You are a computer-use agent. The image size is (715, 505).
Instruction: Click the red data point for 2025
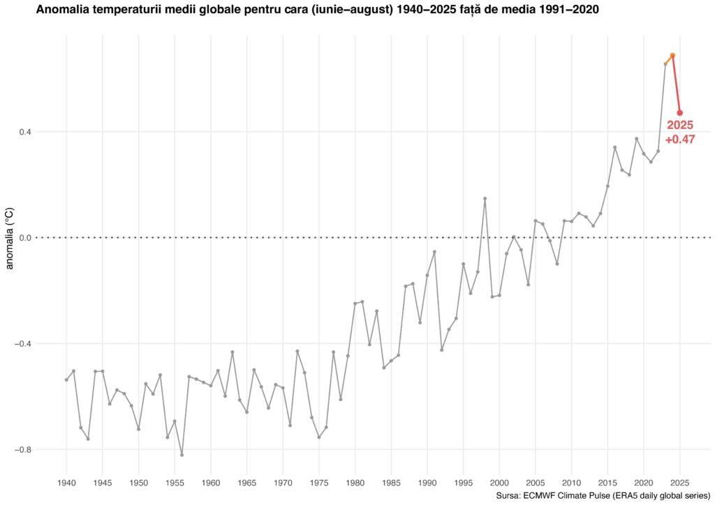point(679,112)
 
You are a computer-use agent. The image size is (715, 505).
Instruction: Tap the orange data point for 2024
point(672,55)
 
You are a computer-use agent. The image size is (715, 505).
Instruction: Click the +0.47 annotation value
point(679,140)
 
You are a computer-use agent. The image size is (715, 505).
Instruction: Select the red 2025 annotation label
point(679,126)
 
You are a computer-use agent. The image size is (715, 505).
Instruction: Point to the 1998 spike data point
point(485,199)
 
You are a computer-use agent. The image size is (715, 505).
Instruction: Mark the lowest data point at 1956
point(182,455)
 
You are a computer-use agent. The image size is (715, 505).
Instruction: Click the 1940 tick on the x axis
point(66,482)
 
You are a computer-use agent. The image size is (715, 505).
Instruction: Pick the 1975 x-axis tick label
point(319,482)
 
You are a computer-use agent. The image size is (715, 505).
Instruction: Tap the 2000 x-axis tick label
point(499,482)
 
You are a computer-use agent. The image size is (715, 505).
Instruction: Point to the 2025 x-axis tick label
point(679,482)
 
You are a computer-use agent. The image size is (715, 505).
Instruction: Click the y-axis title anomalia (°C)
point(10,238)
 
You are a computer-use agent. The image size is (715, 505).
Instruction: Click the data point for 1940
point(66,379)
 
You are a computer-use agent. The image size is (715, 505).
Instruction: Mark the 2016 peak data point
point(614,147)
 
